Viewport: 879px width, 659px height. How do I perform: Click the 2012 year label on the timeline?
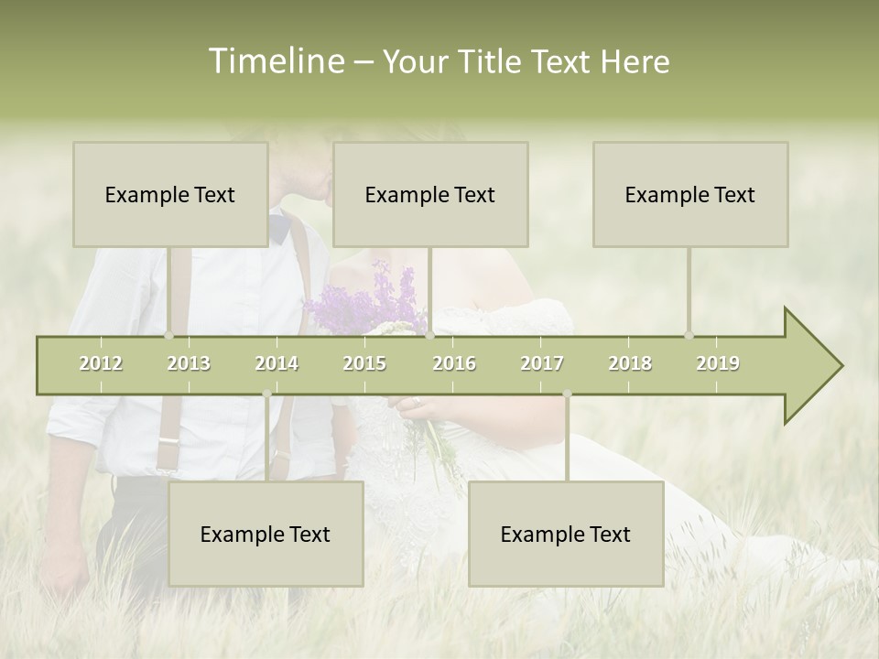[101, 363]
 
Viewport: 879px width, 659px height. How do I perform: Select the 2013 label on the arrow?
[189, 363]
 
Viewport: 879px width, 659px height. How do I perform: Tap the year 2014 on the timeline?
[277, 363]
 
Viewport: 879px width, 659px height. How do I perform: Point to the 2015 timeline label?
[364, 363]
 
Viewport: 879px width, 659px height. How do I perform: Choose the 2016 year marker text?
[454, 363]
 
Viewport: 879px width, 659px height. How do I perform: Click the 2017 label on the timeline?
[542, 363]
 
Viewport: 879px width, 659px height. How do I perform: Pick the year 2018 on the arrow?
[630, 363]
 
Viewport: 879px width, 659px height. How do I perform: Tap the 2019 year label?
[718, 363]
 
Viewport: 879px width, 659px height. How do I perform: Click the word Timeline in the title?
[274, 61]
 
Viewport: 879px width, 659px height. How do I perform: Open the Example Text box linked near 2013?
[170, 194]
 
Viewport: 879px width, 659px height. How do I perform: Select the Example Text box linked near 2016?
[430, 194]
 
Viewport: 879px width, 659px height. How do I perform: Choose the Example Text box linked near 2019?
[690, 194]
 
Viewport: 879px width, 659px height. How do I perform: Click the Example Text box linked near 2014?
[266, 534]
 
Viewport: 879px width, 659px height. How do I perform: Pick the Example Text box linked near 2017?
[566, 534]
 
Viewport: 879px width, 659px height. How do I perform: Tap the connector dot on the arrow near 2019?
[689, 336]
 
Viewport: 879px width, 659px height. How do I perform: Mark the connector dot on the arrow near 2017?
[567, 394]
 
